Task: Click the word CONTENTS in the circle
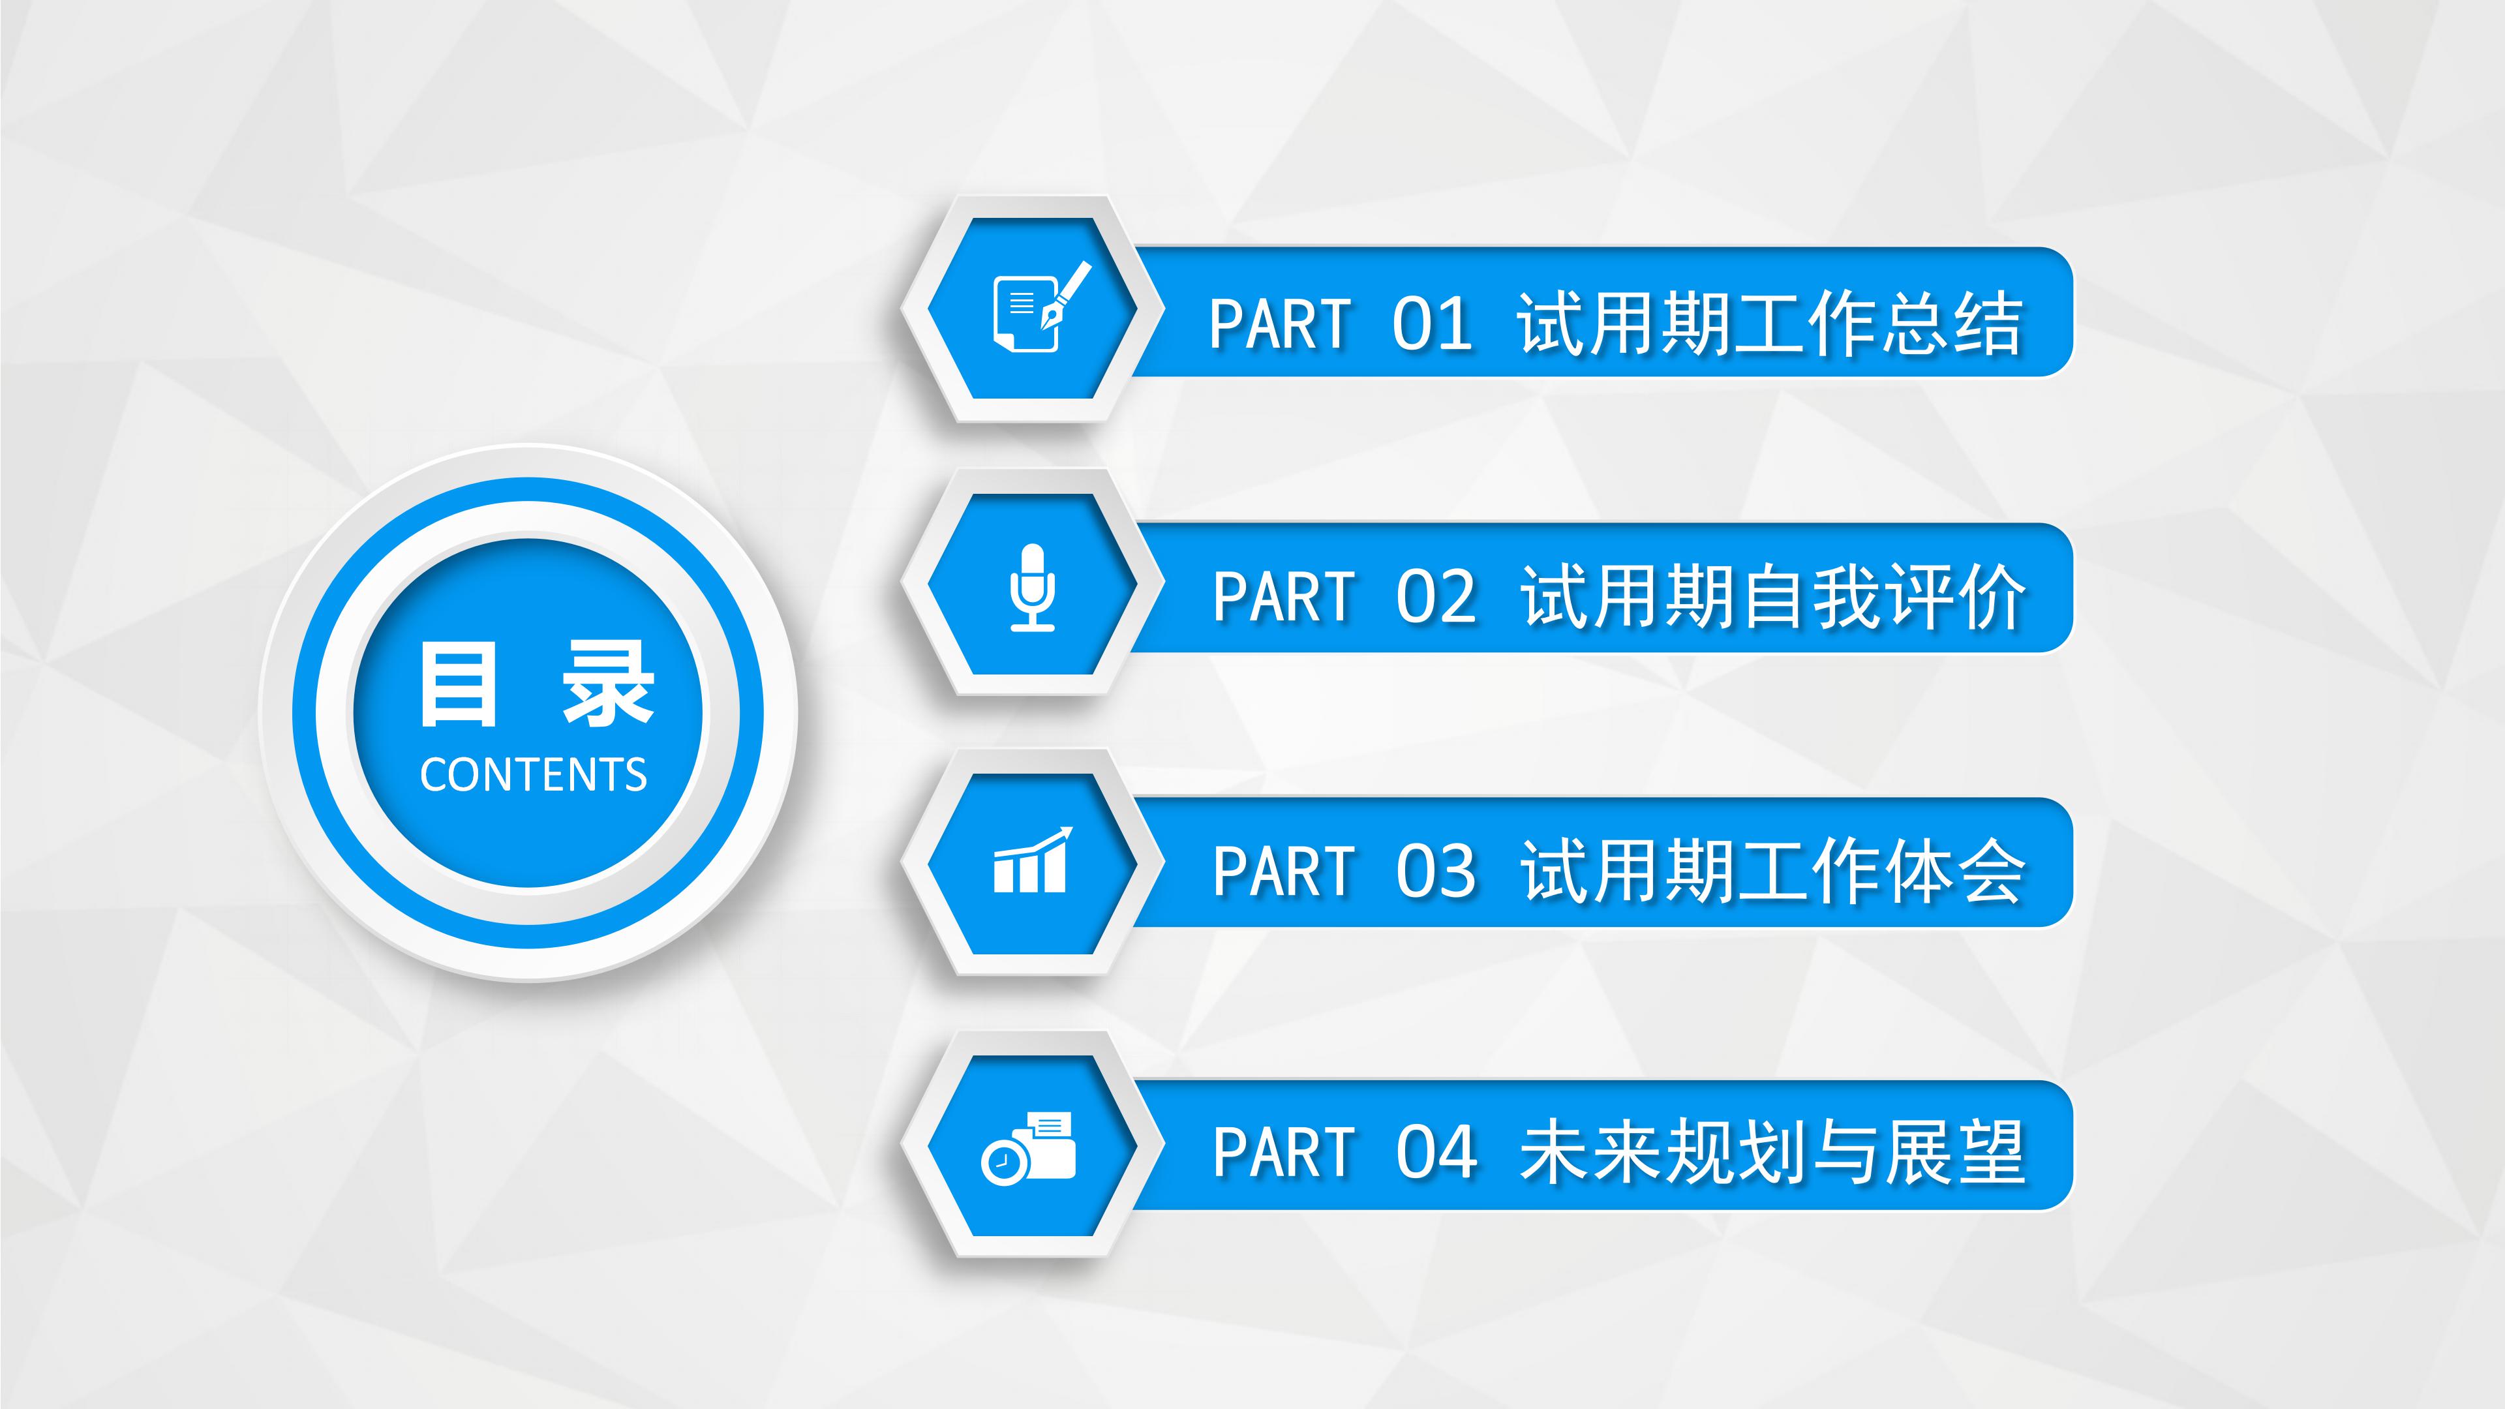(x=533, y=775)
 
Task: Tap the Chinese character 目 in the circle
(x=458, y=686)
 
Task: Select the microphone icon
(x=1032, y=586)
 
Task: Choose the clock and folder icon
(x=1029, y=1148)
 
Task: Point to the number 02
(x=1436, y=597)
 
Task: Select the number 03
(x=1436, y=871)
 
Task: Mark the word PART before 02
(x=1284, y=597)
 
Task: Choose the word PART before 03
(x=1284, y=871)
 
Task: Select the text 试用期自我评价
(x=1774, y=597)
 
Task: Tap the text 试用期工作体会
(x=1774, y=871)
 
